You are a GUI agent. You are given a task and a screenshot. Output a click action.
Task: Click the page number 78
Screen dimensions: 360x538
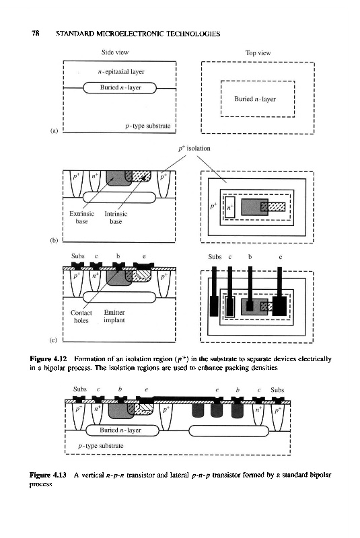(36, 33)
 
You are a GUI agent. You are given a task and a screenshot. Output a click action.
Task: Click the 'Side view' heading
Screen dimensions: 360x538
(114, 52)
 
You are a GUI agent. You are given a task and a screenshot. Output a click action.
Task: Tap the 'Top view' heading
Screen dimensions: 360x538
(258, 53)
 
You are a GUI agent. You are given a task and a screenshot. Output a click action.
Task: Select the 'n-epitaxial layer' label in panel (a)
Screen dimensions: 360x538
(121, 72)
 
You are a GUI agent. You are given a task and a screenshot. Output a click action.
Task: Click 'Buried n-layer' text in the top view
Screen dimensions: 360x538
(255, 99)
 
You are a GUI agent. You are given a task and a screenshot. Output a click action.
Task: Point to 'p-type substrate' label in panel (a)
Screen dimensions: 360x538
(148, 126)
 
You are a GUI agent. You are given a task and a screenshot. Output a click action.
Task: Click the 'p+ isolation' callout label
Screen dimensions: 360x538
(194, 149)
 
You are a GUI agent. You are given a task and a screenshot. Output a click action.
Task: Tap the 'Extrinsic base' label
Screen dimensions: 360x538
(81, 217)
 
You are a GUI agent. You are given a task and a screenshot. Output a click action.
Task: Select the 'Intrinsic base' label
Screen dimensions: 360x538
(116, 217)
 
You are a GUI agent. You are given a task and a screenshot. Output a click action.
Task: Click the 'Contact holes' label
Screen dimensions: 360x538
(81, 316)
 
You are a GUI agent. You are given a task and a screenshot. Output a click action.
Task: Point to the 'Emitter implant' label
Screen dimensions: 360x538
(114, 316)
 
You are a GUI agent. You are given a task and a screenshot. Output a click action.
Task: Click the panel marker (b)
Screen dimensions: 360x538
(54, 240)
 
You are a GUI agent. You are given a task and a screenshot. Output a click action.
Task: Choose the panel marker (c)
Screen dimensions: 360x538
(53, 340)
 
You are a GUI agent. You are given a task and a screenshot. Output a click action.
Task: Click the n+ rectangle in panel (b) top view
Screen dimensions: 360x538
(230, 207)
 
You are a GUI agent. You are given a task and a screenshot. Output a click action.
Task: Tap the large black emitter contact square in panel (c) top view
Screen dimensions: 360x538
(279, 306)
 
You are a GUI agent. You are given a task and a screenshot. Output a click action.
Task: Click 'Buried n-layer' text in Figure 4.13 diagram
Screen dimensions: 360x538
(120, 430)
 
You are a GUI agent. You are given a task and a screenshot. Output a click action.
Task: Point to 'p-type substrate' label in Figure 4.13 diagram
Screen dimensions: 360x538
(101, 446)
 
